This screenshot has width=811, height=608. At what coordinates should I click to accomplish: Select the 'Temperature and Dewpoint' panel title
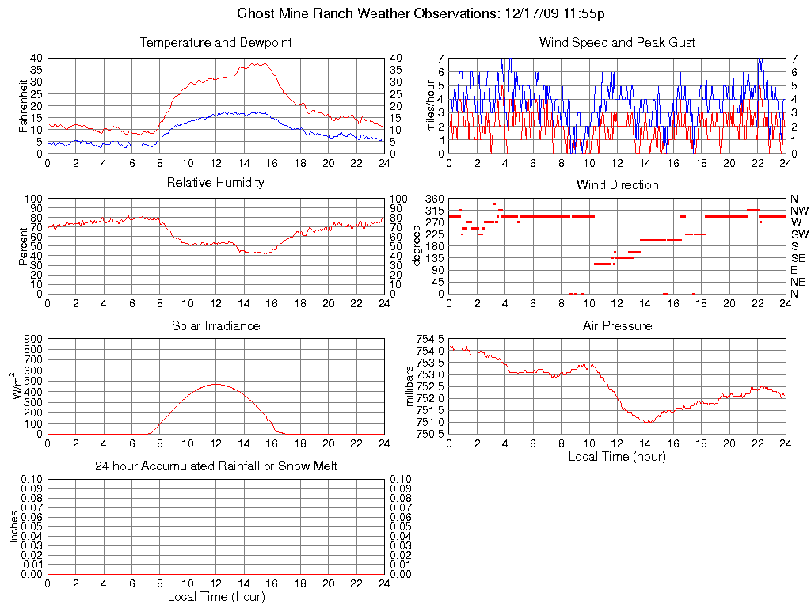(215, 42)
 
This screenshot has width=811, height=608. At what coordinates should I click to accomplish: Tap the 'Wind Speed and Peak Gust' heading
(617, 42)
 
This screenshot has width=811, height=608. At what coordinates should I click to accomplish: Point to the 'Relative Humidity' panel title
(215, 183)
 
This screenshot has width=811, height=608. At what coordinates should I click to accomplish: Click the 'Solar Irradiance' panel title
(215, 325)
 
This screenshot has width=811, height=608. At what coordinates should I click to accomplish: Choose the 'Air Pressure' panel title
(617, 325)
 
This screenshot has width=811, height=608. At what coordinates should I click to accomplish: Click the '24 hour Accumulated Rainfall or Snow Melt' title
(215, 466)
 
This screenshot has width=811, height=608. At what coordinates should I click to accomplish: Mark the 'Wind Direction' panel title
(617, 184)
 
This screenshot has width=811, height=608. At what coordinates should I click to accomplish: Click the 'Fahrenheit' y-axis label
(24, 105)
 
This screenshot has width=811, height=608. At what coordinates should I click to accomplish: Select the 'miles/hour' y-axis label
(432, 105)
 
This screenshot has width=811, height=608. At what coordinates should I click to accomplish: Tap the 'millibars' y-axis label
(410, 386)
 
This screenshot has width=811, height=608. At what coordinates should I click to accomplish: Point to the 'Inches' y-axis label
(13, 526)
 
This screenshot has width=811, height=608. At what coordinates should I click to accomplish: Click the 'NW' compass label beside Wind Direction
(798, 211)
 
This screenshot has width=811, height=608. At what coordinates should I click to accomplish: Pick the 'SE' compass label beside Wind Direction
(798, 258)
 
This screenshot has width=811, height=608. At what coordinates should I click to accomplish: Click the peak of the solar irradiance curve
(215, 384)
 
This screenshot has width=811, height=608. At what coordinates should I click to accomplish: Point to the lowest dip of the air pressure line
(649, 422)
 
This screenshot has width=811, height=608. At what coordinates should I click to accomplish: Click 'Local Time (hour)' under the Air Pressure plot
(617, 456)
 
